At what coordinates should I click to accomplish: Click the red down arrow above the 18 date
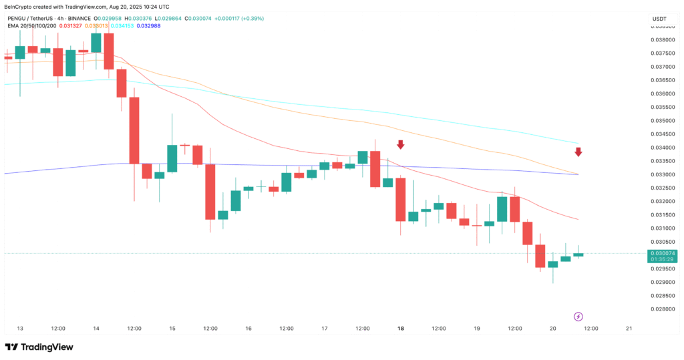click(400, 144)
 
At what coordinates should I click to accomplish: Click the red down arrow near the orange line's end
click(578, 152)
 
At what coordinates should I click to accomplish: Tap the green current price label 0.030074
click(662, 254)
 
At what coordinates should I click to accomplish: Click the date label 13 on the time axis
click(20, 329)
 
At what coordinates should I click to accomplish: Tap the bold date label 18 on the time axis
click(401, 329)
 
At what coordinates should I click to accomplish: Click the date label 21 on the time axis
click(629, 329)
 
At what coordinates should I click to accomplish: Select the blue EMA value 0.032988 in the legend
click(153, 25)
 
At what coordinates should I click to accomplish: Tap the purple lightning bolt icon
click(578, 316)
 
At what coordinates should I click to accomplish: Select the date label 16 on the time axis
click(248, 329)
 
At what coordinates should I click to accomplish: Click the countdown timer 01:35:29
click(662, 260)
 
